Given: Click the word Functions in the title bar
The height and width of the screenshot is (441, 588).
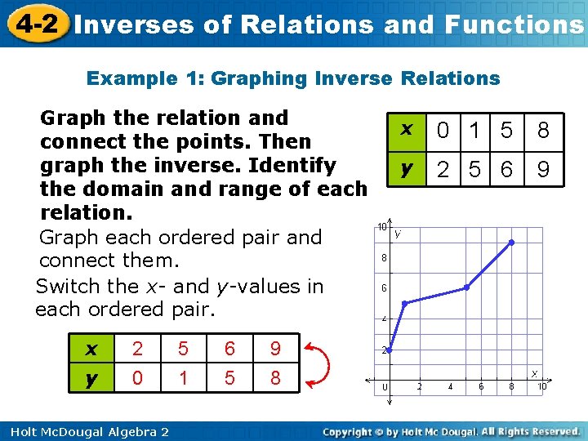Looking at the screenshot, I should (x=514, y=24).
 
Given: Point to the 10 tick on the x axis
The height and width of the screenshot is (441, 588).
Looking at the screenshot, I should (x=541, y=386).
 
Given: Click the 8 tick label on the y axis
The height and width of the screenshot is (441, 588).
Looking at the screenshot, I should (x=384, y=258).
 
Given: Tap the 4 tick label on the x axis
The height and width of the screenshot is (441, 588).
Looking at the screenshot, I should (x=450, y=386).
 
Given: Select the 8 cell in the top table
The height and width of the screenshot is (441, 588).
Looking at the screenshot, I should (x=543, y=130).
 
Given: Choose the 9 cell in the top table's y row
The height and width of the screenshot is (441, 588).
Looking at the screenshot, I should (x=543, y=170).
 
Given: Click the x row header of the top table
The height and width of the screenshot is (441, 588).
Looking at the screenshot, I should (x=404, y=130).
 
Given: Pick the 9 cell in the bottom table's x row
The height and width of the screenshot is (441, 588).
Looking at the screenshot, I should (x=275, y=350).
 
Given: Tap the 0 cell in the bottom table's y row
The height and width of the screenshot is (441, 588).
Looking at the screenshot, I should (x=138, y=379).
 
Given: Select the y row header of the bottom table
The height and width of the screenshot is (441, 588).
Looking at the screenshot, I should (x=91, y=379).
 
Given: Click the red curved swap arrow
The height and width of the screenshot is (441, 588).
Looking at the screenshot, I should (x=321, y=363).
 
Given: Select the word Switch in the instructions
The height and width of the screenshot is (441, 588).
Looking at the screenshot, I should (x=64, y=287).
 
